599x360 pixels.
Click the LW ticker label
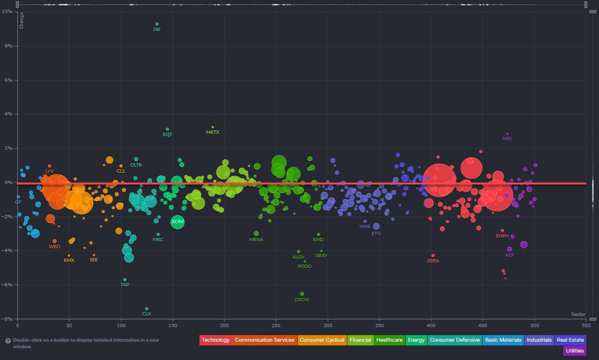click(157, 30)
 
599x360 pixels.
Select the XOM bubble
click(177, 222)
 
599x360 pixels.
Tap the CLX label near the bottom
click(147, 314)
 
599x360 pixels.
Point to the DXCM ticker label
click(302, 299)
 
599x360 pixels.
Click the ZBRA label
click(433, 261)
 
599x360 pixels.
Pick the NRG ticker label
click(507, 139)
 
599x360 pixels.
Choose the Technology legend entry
click(215, 340)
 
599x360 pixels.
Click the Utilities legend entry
click(575, 351)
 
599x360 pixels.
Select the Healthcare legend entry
click(389, 340)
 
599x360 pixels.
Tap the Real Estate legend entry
click(570, 340)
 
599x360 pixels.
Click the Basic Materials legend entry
click(503, 340)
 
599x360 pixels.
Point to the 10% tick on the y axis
click(8, 12)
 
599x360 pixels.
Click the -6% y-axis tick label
click(8, 285)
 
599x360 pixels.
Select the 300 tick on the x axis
click(328, 325)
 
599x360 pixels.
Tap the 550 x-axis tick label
click(586, 325)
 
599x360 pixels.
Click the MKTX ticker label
click(213, 132)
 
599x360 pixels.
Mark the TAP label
click(124, 284)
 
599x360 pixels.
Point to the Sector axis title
click(578, 314)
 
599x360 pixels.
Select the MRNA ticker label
click(256, 240)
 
